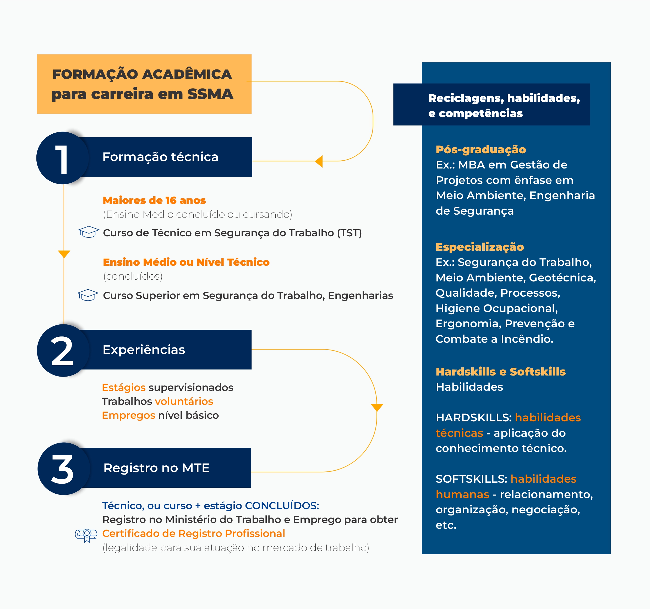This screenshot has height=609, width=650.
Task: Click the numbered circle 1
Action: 62,158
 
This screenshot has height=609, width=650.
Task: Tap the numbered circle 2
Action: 63,350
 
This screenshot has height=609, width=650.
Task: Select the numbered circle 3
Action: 64,469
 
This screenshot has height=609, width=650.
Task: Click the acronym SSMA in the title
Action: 210,94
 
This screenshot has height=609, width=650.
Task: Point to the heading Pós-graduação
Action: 481,149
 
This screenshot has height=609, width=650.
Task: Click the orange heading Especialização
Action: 480,247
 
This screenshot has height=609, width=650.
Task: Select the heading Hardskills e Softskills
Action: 501,372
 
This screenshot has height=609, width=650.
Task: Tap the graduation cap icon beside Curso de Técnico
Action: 89,232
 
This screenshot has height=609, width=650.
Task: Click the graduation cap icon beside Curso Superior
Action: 88,295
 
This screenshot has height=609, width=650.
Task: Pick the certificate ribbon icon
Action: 86,535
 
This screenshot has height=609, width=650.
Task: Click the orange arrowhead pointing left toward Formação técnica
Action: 319,161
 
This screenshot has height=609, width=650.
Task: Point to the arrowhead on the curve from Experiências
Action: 377,407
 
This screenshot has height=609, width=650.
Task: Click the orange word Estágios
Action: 124,388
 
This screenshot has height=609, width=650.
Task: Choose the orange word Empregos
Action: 128,415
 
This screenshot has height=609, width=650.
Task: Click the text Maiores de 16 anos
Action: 154,200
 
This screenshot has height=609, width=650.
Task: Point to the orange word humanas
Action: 462,494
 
